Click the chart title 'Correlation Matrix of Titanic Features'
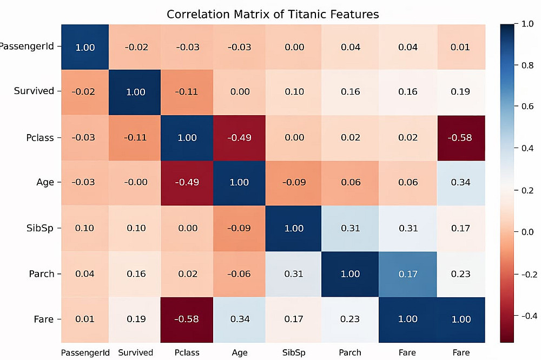(x=273, y=14)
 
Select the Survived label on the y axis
(x=34, y=91)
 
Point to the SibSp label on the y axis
(x=41, y=228)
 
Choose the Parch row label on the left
(x=41, y=274)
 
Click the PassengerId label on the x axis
(x=85, y=352)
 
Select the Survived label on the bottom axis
(x=135, y=352)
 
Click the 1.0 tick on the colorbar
(x=526, y=25)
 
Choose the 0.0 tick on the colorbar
(x=526, y=232)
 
